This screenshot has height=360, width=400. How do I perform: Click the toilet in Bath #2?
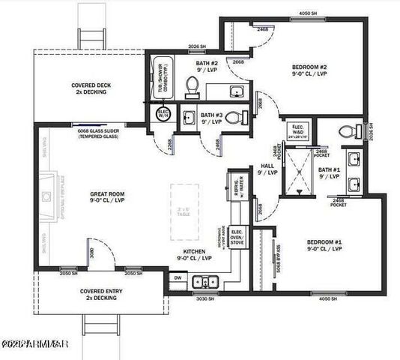(191, 86)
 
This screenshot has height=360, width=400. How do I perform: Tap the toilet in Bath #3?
(233, 118)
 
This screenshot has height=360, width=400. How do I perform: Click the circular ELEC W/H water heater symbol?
(163, 114)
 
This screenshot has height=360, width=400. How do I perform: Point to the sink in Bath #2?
(236, 91)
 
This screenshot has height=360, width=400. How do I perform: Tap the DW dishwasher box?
(178, 277)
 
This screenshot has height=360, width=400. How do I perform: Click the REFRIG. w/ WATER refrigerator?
(237, 185)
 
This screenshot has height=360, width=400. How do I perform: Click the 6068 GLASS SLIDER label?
(100, 130)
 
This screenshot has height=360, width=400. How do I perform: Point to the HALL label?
(267, 166)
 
